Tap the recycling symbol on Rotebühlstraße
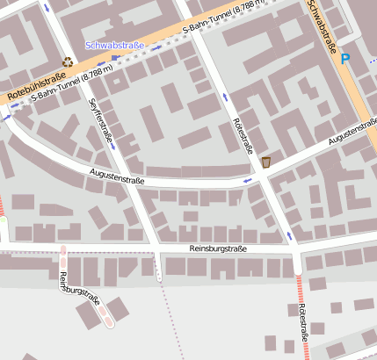click(69, 62)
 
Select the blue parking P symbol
click(345, 59)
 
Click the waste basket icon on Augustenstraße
click(266, 162)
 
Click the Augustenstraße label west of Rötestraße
click(117, 180)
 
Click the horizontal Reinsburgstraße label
click(218, 249)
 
